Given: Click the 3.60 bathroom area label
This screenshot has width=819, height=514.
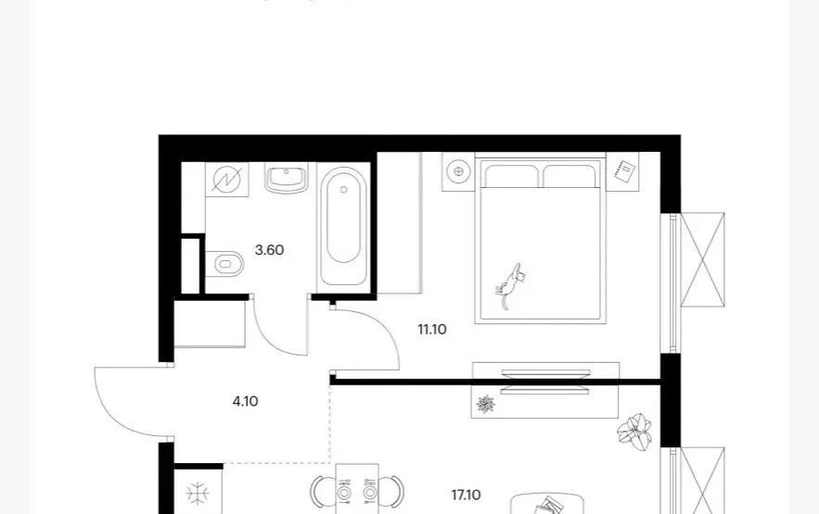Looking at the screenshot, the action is click(x=269, y=250).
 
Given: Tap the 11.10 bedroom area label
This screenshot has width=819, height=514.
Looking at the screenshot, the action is click(x=432, y=330).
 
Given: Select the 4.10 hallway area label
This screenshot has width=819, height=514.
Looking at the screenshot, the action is click(x=245, y=401).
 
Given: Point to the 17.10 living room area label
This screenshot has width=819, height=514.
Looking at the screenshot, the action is click(x=466, y=495).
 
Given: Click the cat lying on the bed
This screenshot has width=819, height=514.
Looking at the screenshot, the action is click(x=510, y=284).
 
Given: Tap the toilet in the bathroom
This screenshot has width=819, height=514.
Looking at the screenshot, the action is click(x=224, y=264).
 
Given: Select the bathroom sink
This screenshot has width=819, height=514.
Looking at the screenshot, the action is click(x=287, y=178).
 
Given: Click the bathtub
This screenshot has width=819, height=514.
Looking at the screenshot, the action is click(x=343, y=226).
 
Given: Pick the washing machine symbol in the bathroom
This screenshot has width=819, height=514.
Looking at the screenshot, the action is click(x=226, y=180).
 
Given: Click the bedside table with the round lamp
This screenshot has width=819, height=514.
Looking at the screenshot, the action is click(x=458, y=171).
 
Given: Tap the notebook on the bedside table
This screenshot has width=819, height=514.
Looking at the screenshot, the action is click(x=624, y=171).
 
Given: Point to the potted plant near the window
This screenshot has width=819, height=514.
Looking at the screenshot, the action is click(x=634, y=432).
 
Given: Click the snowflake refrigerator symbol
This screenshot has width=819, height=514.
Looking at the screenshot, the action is click(x=198, y=493).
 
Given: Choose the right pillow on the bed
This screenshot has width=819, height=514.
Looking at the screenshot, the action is click(x=569, y=176).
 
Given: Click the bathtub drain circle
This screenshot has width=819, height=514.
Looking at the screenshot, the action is click(x=343, y=190).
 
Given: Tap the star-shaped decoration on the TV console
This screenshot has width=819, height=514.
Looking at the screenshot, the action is click(x=486, y=404).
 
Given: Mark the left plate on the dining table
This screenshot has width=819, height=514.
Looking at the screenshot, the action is click(x=344, y=492).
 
